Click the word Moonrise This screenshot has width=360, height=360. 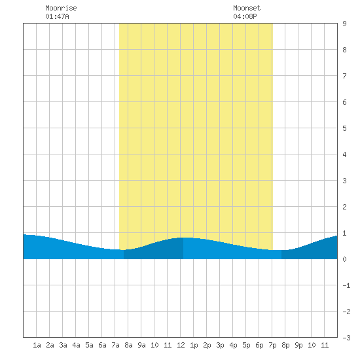pos(61,8)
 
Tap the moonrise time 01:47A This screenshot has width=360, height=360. pos(57,16)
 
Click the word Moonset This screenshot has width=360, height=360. pos(247,8)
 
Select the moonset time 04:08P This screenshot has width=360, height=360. pos(245,16)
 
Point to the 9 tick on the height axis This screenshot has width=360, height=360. pos(344,24)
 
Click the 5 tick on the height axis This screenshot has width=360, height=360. pos(344,128)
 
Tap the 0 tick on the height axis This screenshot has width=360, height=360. pos(344,259)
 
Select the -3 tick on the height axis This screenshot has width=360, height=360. pos(346,338)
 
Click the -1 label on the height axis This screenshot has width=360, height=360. pos(346,285)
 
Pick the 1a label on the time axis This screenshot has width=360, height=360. pos(37,345)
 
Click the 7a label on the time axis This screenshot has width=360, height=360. pos(115,345)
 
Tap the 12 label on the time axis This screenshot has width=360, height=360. pos(181,345)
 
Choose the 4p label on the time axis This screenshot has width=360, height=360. pos(233,345)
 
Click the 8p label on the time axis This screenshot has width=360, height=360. pos(285,345)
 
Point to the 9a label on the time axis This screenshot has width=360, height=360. pos(141,345)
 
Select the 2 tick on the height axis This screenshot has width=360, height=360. pos(344,207)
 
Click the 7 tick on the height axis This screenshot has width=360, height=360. pos(344,76)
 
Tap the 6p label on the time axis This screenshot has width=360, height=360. pos(259,345)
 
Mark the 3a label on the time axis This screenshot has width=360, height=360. pos(63,345)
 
